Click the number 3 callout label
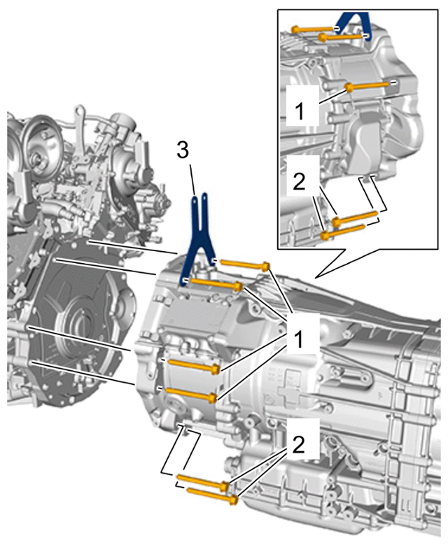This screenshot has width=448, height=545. [x=183, y=150]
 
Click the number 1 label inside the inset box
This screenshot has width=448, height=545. [x=300, y=111]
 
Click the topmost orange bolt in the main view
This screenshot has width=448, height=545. [x=246, y=265]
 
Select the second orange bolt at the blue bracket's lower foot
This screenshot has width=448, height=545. [x=217, y=283]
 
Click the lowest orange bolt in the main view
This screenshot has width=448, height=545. [x=213, y=495]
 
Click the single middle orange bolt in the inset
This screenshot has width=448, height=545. [x=366, y=86]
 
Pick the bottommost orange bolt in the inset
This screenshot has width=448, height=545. [x=342, y=231]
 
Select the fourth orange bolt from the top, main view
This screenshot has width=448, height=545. [x=191, y=395]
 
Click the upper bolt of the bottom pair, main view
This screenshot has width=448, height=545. [x=203, y=481]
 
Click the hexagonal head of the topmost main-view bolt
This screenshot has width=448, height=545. [x=266, y=267]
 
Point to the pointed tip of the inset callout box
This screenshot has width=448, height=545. [x=315, y=278]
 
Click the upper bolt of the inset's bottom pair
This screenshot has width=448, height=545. [x=354, y=218]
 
